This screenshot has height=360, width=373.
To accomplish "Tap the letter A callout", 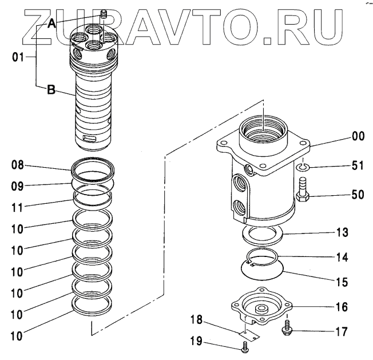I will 51,23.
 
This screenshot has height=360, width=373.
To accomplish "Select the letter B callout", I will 51,90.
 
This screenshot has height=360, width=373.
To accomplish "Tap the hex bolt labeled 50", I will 303,193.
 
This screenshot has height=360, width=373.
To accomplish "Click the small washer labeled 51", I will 303,167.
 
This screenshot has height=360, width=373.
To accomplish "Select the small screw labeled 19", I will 246,346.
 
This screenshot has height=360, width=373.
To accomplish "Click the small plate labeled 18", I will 247,329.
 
